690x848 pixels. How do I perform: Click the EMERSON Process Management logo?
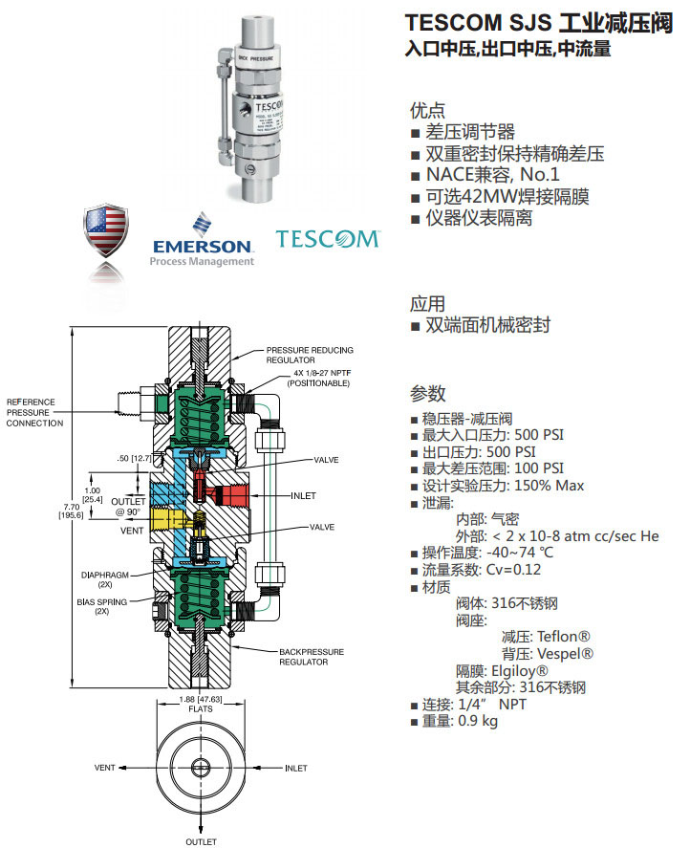203,239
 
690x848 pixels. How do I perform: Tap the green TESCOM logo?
327,238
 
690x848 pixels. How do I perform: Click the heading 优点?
427,110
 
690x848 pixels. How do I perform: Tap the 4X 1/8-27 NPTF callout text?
308,378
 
